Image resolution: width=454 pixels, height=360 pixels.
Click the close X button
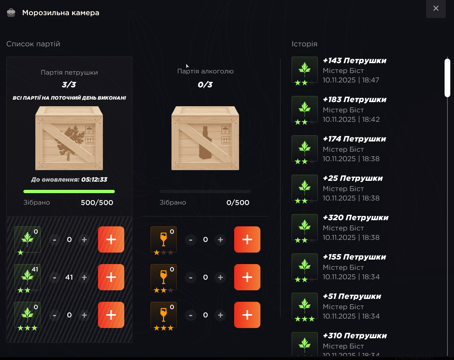coord(436,8)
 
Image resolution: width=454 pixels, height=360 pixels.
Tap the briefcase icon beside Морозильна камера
coord(11,13)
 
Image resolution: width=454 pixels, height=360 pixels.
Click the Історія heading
coord(304,44)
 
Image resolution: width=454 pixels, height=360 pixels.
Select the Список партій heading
coord(33,44)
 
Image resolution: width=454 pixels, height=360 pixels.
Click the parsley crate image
coord(69,138)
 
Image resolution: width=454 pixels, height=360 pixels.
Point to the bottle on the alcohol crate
coord(205,143)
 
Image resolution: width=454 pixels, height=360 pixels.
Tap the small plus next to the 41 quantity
coord(84,277)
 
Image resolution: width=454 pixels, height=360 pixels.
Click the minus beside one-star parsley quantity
coord(55,239)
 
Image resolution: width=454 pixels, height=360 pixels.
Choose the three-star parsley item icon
coord(27,314)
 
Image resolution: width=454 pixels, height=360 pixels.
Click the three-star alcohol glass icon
coord(164,314)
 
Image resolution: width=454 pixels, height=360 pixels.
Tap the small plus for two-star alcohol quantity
coord(220,277)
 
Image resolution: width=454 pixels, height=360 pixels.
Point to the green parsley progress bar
coord(69,191)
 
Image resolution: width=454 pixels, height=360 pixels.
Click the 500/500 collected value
coord(97,203)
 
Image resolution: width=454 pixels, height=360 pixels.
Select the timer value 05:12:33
coord(94,180)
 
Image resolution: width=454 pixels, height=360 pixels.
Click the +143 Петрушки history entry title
coord(354,61)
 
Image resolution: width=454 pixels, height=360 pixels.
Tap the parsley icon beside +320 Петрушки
coord(305,227)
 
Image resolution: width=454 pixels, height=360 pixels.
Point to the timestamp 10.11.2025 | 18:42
coord(351,119)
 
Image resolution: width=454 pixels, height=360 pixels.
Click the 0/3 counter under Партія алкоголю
coord(205,84)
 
